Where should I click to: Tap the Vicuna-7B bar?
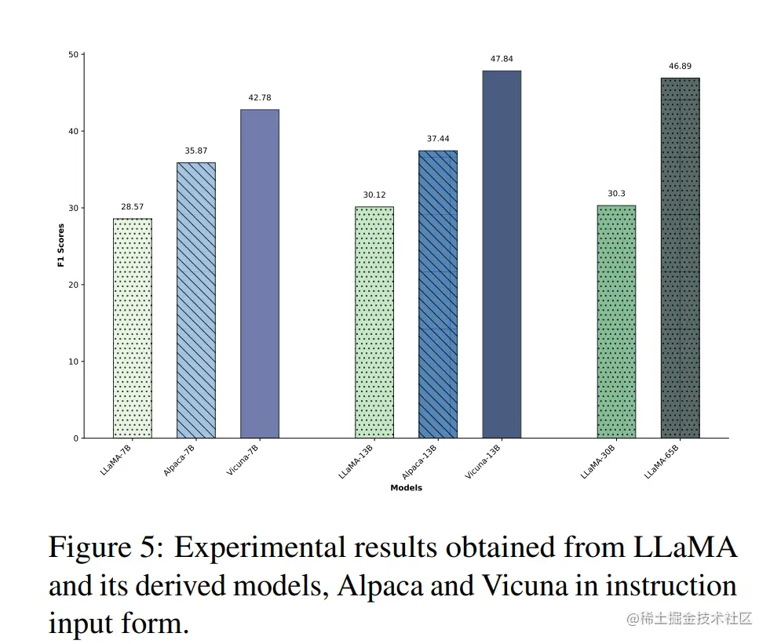[260, 274]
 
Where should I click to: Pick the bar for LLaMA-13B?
[374, 322]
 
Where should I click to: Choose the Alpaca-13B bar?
[438, 294]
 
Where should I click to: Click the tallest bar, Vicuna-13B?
[502, 254]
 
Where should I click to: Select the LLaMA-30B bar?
[616, 322]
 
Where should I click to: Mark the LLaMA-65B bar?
[680, 258]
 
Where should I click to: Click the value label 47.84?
[502, 59]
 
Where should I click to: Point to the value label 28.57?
[133, 207]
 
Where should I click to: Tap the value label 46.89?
[680, 67]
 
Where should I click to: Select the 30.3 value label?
[616, 194]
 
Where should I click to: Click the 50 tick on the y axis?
[73, 55]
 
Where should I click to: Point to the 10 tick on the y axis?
[73, 362]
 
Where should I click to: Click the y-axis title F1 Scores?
[61, 246]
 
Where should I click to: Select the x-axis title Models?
[406, 488]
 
